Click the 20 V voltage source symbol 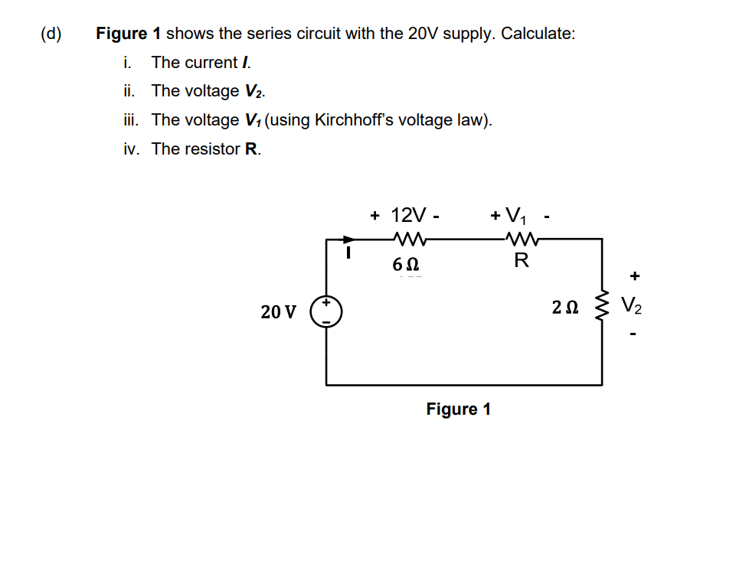tap(326, 311)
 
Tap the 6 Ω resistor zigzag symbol tap(406, 239)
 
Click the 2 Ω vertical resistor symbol tap(601, 309)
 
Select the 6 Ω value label tap(405, 265)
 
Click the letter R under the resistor tap(521, 261)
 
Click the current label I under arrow tap(348, 251)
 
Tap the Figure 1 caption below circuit tap(458, 409)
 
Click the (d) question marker tap(52, 34)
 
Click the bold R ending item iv tap(251, 149)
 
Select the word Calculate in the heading tap(537, 34)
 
